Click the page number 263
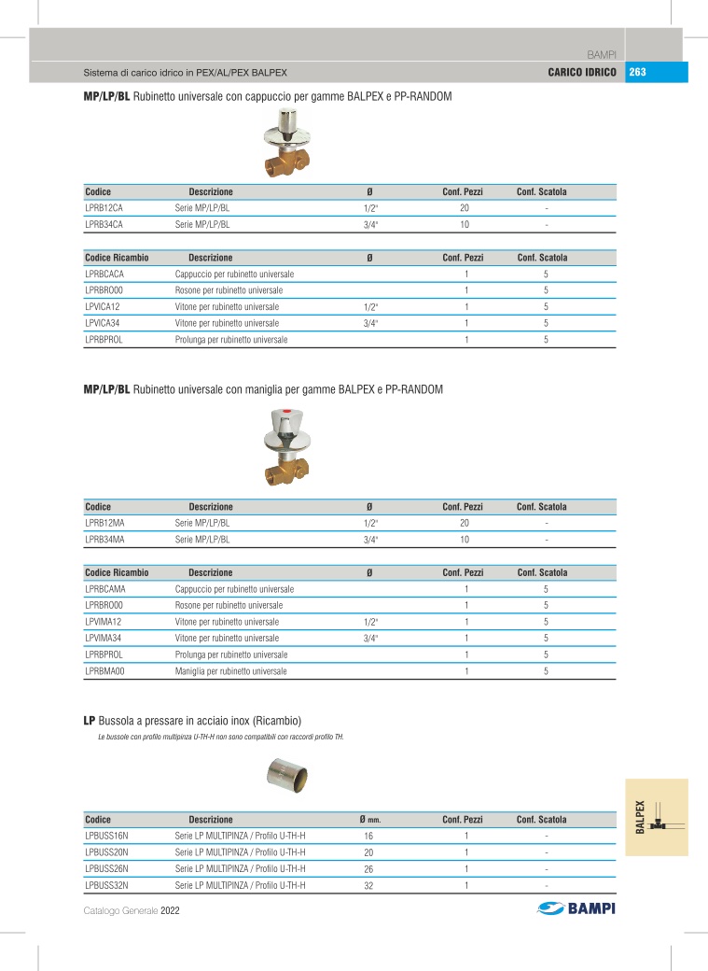click(x=638, y=72)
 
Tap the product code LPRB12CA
click(x=104, y=208)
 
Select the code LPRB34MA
click(x=104, y=539)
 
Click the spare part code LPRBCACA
click(x=104, y=274)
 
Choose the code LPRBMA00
click(x=104, y=670)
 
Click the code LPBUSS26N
click(x=106, y=868)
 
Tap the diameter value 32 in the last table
click(x=368, y=885)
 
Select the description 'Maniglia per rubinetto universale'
click(x=231, y=670)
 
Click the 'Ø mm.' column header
click(x=370, y=820)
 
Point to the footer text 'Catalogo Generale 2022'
click(x=131, y=910)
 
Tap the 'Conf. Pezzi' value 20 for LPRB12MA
click(x=464, y=523)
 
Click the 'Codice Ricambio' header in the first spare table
click(x=117, y=258)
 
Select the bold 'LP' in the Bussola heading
click(x=90, y=720)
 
